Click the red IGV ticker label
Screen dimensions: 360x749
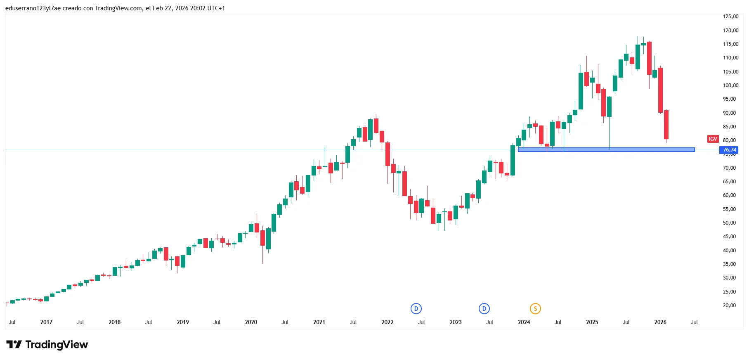pyautogui.click(x=713, y=139)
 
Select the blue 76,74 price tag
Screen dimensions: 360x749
pyautogui.click(x=730, y=150)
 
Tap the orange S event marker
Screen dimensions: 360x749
pyautogui.click(x=535, y=308)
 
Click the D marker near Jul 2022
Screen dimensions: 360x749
pyautogui.click(x=416, y=308)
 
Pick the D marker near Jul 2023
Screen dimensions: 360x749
pyautogui.click(x=484, y=308)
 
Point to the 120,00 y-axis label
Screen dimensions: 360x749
pyautogui.click(x=730, y=30)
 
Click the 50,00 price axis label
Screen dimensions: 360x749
pyautogui.click(x=729, y=223)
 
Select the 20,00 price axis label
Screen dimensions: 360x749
pyautogui.click(x=729, y=306)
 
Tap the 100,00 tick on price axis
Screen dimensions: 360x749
pyautogui.click(x=730, y=85)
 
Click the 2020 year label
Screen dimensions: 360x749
pyautogui.click(x=251, y=322)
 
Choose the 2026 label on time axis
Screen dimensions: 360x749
pyautogui.click(x=660, y=322)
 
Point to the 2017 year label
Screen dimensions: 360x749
pyautogui.click(x=46, y=322)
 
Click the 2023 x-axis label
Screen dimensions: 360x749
pyautogui.click(x=456, y=322)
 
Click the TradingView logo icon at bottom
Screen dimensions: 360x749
pyautogui.click(x=14, y=344)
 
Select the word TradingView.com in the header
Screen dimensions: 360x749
pyautogui.click(x=118, y=8)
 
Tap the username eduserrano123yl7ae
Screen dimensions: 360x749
pyautogui.click(x=33, y=8)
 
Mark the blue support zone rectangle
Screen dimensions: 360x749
pyautogui.click(x=606, y=149)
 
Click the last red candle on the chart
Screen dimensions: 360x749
pyautogui.click(x=666, y=124)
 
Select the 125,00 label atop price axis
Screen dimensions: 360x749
pyautogui.click(x=730, y=17)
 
